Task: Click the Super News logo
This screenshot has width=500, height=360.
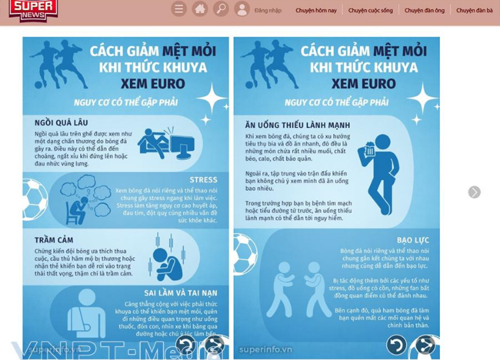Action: (33, 9)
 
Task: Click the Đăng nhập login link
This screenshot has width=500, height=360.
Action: (268, 11)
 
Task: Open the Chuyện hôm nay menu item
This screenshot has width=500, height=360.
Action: (316, 11)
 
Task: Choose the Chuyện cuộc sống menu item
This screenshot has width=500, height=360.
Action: (371, 11)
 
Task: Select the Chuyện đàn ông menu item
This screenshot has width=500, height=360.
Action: (425, 11)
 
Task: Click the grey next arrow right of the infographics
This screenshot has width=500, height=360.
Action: (474, 192)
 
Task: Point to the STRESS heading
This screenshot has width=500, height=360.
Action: (203, 180)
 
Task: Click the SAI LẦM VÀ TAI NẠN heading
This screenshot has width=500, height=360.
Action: (181, 293)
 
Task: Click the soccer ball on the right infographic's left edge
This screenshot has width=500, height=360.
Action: (244, 253)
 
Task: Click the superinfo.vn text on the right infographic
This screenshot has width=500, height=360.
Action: (265, 349)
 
